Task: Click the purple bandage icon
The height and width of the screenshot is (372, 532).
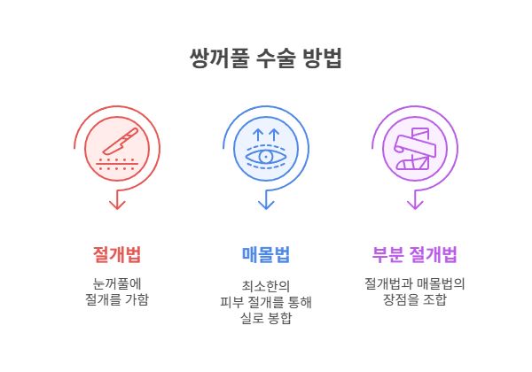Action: tap(415, 149)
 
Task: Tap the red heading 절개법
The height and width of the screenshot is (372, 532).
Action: tap(117, 254)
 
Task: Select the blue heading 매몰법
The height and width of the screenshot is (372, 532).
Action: tap(266, 254)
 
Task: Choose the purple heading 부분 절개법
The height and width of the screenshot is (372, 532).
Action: tap(415, 254)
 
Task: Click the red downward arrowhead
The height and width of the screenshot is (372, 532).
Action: tap(117, 205)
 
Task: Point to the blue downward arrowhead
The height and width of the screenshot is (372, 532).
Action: tap(266, 205)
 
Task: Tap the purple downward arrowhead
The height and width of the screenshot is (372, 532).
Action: tap(415, 205)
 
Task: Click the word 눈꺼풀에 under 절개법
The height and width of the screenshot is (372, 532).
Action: tap(117, 284)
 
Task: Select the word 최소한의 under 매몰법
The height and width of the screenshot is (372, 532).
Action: tap(266, 286)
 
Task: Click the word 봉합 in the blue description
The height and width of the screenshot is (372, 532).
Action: tap(279, 318)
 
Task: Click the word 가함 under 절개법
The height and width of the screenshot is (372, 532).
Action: tap(137, 299)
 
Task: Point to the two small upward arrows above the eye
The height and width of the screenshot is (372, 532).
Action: tap(266, 135)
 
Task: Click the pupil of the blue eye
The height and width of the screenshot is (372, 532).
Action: tap(266, 157)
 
